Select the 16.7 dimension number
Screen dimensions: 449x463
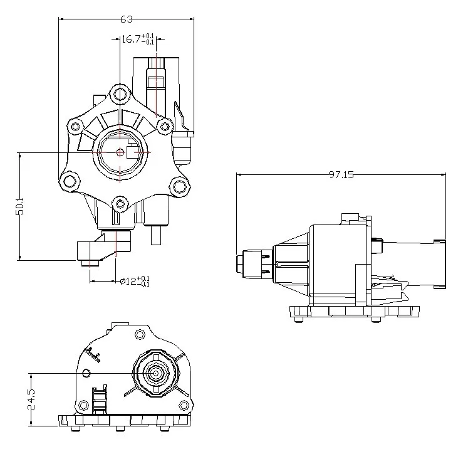click(x=130, y=40)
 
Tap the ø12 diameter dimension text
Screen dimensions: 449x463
click(x=129, y=282)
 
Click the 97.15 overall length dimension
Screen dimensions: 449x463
click(x=340, y=175)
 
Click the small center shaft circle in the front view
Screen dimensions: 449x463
click(x=120, y=152)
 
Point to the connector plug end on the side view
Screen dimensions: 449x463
click(x=440, y=263)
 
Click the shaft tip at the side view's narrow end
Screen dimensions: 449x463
click(x=239, y=263)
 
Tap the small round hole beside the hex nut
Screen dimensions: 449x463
click(x=86, y=374)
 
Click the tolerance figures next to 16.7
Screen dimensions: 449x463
click(x=148, y=40)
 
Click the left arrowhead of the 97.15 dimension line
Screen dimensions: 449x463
click(x=239, y=175)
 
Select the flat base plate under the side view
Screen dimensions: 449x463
click(x=354, y=311)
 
